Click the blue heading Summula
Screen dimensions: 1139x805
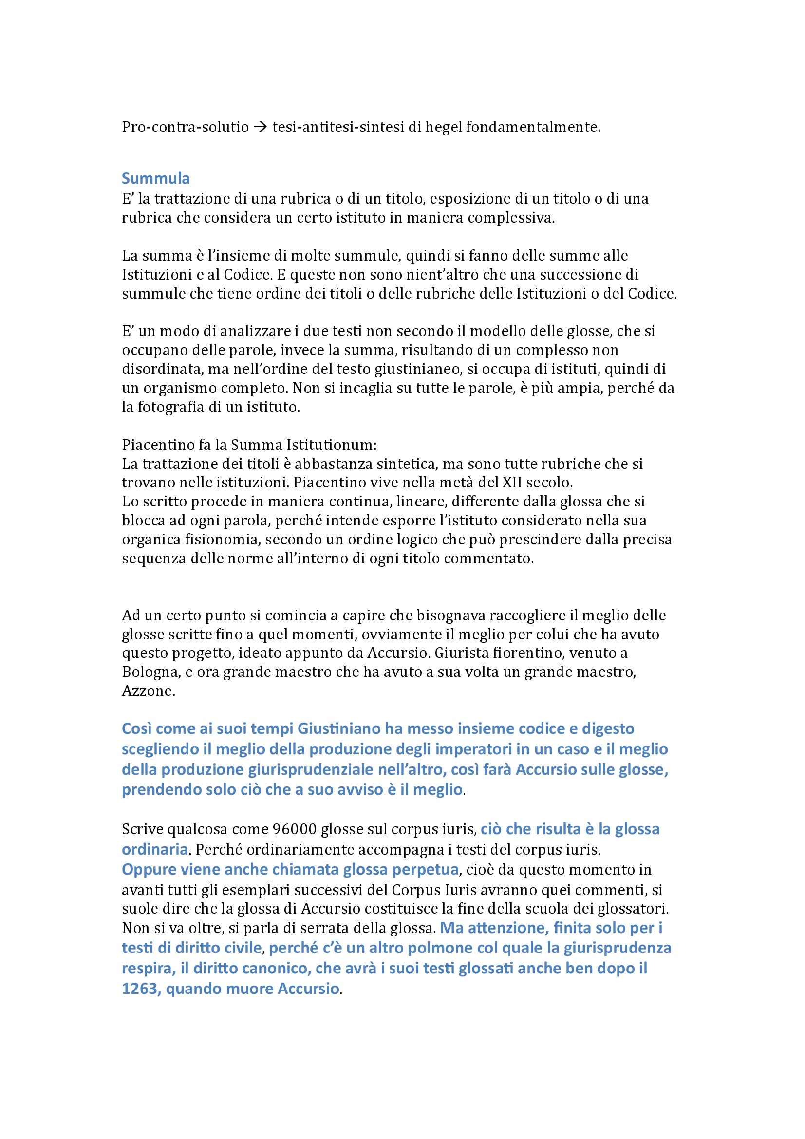[x=156, y=178]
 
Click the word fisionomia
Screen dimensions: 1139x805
[x=220, y=540]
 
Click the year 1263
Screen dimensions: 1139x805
[x=140, y=989]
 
